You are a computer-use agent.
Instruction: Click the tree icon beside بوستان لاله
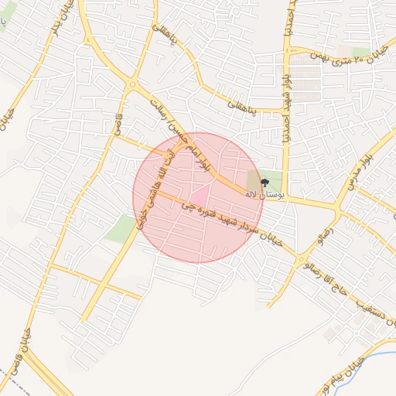click(265, 183)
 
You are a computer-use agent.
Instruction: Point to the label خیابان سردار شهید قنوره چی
click(231, 224)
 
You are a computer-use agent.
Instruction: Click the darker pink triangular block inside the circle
click(200, 196)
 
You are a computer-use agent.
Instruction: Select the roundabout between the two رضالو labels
click(299, 260)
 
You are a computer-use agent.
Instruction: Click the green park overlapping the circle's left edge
click(122, 229)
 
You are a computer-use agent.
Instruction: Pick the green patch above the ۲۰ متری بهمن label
click(360, 51)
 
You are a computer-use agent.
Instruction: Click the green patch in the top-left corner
click(7, 12)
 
